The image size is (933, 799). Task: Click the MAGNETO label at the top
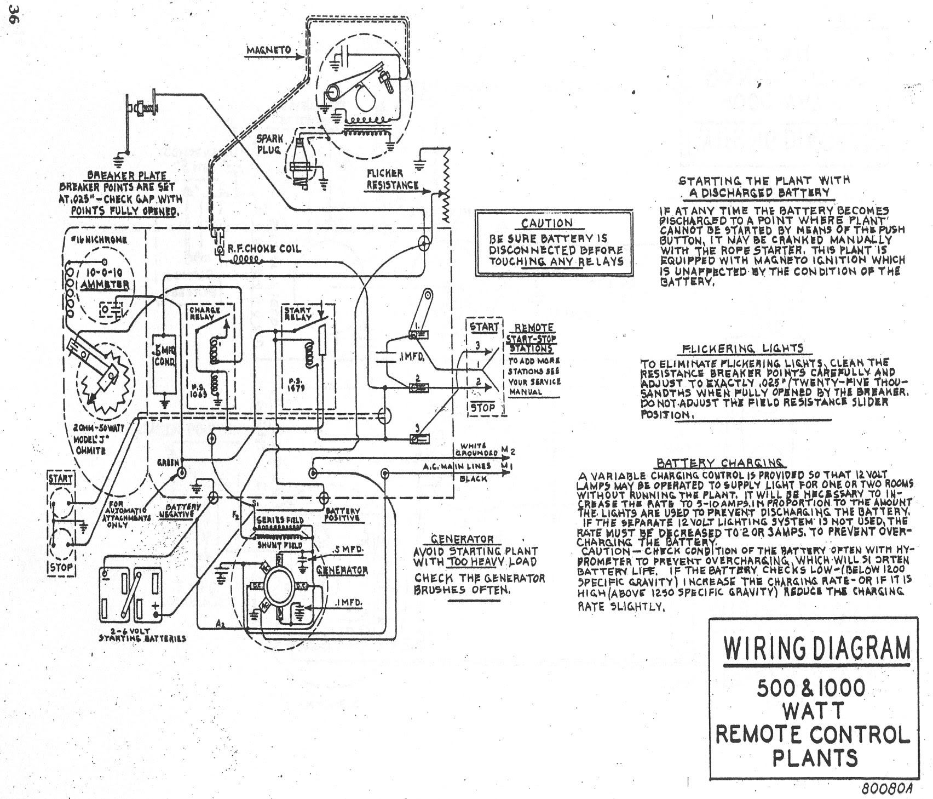point(268,50)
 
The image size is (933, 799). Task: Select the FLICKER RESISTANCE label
point(392,179)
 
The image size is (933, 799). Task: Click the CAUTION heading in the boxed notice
point(546,223)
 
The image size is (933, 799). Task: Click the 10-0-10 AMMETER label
point(104,278)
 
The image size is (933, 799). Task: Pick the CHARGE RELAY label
point(205,313)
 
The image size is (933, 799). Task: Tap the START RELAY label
point(297,313)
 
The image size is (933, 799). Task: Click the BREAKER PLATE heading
point(126,175)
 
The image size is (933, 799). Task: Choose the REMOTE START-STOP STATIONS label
point(531,338)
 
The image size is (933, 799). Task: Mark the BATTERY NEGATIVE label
point(180,511)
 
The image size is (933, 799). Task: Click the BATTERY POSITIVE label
point(342,513)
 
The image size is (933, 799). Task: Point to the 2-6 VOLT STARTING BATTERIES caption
point(142,635)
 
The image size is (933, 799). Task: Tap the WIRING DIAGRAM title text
point(817,648)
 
